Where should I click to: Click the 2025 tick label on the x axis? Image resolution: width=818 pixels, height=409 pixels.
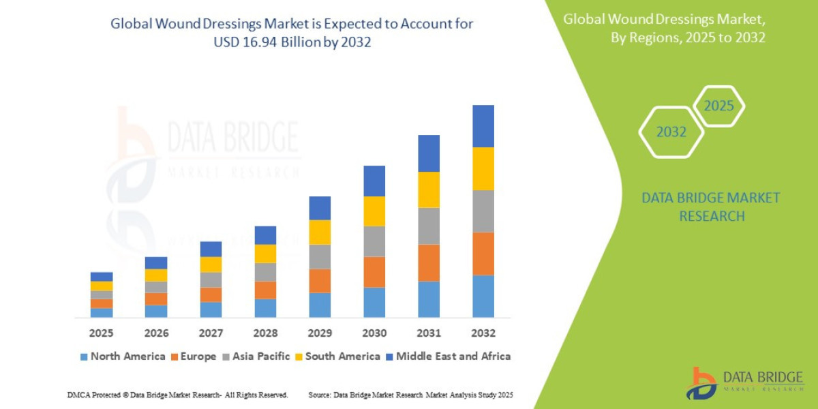pyautogui.click(x=101, y=333)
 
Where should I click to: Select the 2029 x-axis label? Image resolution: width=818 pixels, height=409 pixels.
pyautogui.click(x=320, y=333)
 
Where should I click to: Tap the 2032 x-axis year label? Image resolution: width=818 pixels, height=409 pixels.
pyautogui.click(x=483, y=333)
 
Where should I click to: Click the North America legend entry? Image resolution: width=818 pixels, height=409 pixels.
pyautogui.click(x=122, y=356)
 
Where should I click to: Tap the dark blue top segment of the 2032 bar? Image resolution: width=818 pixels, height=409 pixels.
pyautogui.click(x=483, y=126)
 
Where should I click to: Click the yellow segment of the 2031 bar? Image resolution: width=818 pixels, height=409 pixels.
pyautogui.click(x=429, y=190)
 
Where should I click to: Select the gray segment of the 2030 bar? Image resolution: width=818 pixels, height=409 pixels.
pyautogui.click(x=374, y=241)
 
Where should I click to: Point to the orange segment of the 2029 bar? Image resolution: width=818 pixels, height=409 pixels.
pyautogui.click(x=320, y=281)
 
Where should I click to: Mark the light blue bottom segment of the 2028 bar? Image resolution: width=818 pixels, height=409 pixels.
pyautogui.click(x=265, y=308)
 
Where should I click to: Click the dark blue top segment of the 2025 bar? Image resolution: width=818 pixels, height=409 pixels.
pyautogui.click(x=101, y=277)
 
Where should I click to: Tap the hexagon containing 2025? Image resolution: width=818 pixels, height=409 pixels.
pyautogui.click(x=718, y=106)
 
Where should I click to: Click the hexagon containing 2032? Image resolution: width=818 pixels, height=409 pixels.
pyautogui.click(x=671, y=132)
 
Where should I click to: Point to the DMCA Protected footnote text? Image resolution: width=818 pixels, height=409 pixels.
pyautogui.click(x=177, y=395)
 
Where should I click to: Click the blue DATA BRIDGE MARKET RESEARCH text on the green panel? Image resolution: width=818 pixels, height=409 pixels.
pyautogui.click(x=711, y=207)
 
